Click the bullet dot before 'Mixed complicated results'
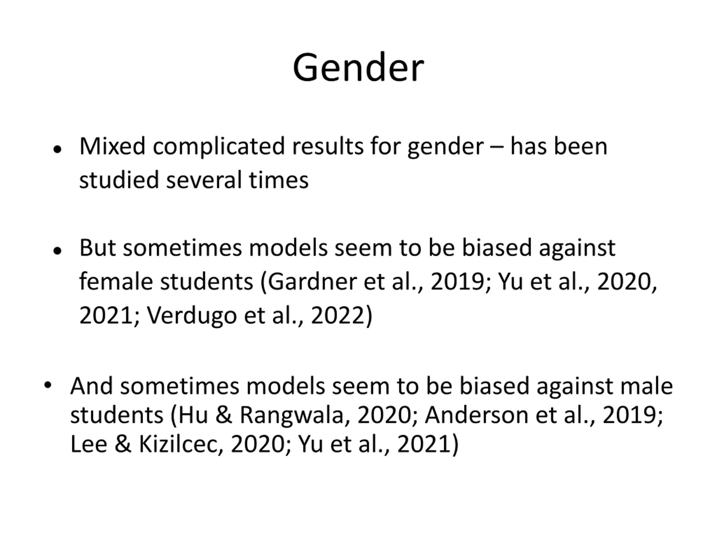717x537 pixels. pyautogui.click(x=57, y=150)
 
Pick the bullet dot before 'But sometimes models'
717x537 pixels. pyautogui.click(x=57, y=251)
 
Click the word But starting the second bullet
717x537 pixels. pyautogui.click(x=97, y=248)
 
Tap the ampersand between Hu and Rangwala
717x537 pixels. pyautogui.click(x=224, y=415)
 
